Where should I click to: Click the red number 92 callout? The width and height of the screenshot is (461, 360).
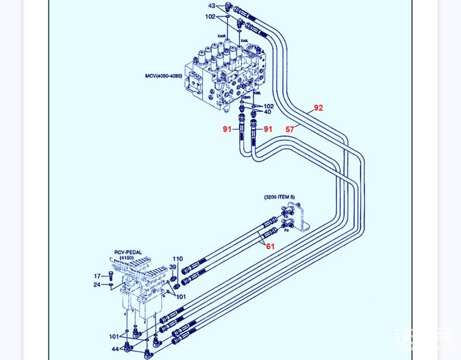(319, 108)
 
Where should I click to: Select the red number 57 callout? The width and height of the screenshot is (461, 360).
(290, 130)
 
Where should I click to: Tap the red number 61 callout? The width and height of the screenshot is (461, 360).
(270, 246)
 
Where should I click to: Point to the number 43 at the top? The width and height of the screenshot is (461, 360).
(212, 6)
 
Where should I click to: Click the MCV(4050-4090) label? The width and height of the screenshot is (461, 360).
(164, 76)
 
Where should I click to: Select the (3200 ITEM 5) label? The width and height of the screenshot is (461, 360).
(279, 197)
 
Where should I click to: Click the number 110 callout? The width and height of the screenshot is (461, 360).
(178, 258)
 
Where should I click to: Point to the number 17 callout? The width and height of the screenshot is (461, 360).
(97, 276)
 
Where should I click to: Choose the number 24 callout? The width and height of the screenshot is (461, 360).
(97, 284)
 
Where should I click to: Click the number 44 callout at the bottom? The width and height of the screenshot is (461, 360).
(115, 349)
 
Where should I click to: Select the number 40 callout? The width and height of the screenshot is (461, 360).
(268, 112)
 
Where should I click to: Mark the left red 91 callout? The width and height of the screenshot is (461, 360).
(228, 129)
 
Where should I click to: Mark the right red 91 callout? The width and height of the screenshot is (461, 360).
(268, 129)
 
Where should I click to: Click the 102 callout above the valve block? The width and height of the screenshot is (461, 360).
(210, 17)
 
